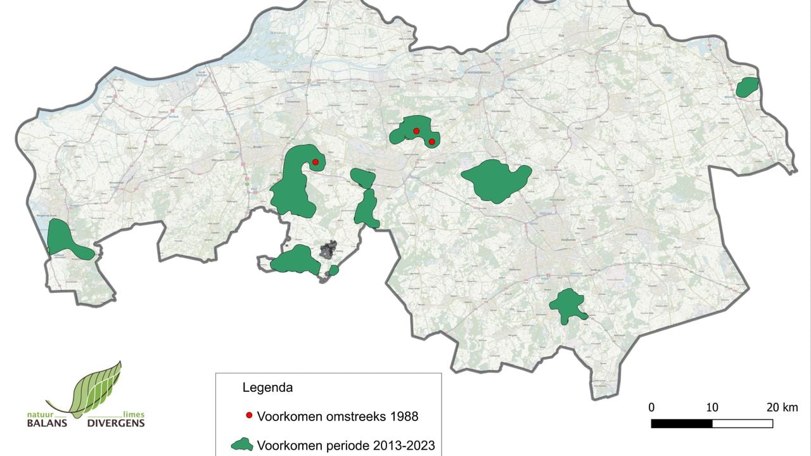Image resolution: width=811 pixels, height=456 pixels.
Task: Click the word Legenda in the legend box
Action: coord(268,387)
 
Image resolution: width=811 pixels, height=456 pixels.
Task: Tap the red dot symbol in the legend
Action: coord(249,416)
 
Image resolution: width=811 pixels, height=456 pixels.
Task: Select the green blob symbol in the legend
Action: coord(241,445)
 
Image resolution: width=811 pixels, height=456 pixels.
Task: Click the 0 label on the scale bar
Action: coord(651,407)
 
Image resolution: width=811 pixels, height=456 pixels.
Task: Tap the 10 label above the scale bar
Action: coord(712,407)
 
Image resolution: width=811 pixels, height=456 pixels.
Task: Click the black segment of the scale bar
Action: coord(682,423)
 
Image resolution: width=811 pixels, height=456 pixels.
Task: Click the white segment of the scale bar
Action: coord(743,423)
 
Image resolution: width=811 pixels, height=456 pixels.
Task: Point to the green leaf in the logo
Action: coord(96,388)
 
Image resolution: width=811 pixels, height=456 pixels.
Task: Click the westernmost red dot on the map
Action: coord(315,162)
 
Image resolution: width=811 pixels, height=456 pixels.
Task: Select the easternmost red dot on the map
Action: coord(431,141)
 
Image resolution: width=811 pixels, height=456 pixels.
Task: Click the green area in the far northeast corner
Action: coord(748,87)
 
